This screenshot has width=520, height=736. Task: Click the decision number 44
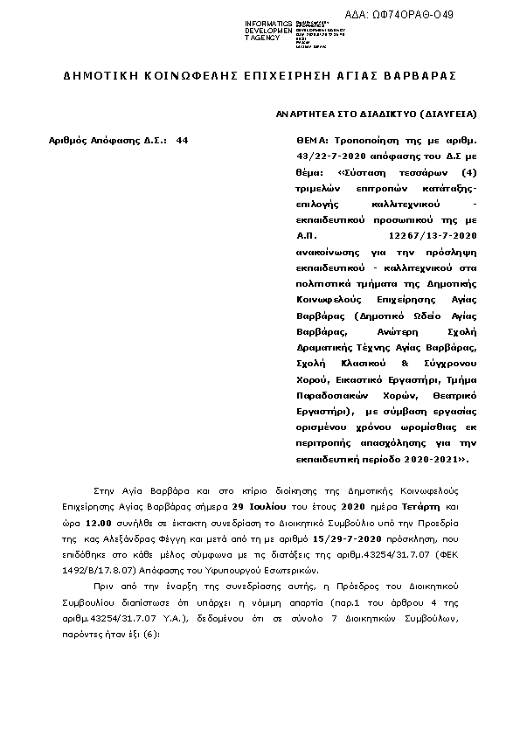tap(182, 140)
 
